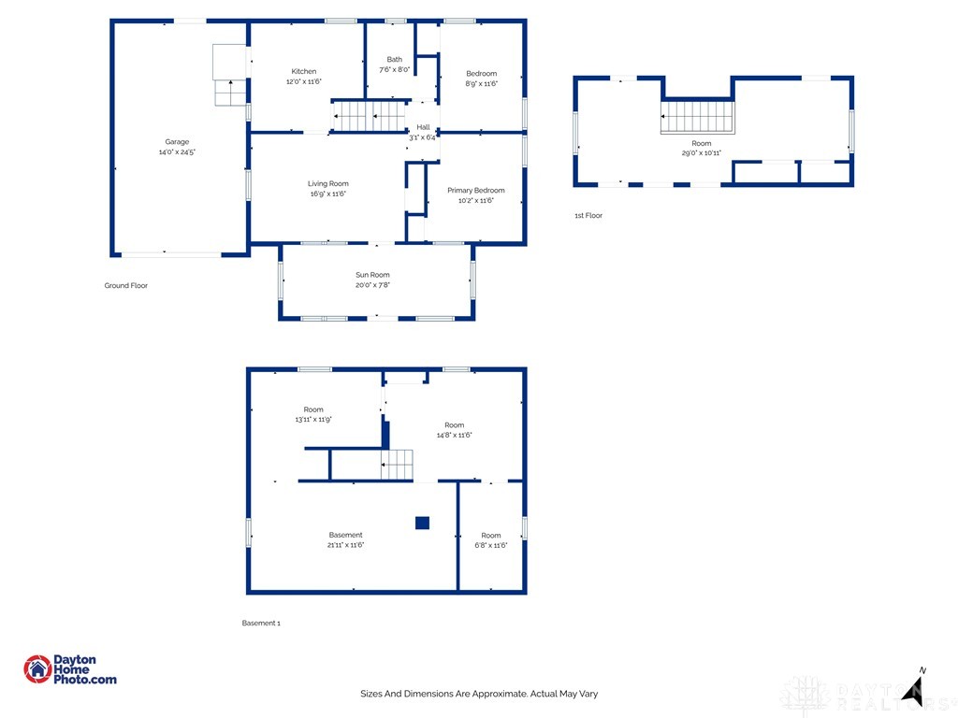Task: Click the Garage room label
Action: [177, 142]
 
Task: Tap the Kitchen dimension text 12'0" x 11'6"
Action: [304, 81]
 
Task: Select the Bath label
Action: [394, 59]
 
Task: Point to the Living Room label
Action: [328, 183]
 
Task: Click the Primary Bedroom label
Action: [476, 190]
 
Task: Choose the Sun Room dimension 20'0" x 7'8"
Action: [372, 284]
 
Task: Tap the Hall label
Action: [423, 127]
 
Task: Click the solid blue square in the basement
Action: [422, 523]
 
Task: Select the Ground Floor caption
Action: [126, 285]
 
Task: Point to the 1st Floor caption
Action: [588, 215]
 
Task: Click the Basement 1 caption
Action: [261, 623]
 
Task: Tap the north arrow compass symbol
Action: [914, 690]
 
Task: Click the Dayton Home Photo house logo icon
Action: [37, 669]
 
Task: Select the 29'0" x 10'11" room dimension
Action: [702, 152]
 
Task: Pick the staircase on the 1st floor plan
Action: [697, 117]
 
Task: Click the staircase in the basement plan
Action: [397, 465]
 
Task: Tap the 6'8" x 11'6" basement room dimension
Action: [491, 545]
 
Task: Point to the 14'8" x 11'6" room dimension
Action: [454, 435]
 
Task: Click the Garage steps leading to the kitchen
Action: [230, 93]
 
